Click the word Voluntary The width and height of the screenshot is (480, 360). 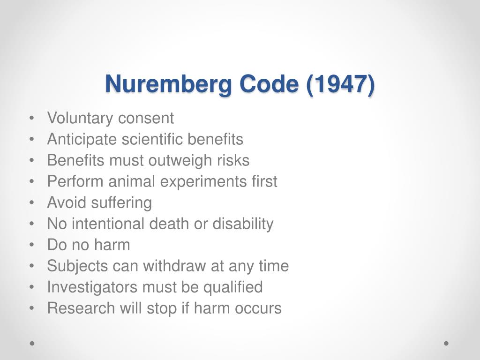click(80, 118)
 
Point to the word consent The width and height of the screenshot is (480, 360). click(146, 118)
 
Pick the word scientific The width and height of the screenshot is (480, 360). click(153, 139)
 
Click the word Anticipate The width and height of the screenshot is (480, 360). click(82, 139)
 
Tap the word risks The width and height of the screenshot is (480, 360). click(233, 160)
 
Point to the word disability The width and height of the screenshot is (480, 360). click(243, 224)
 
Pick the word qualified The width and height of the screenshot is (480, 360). click(233, 287)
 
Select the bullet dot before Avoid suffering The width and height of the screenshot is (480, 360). click(31, 203)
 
